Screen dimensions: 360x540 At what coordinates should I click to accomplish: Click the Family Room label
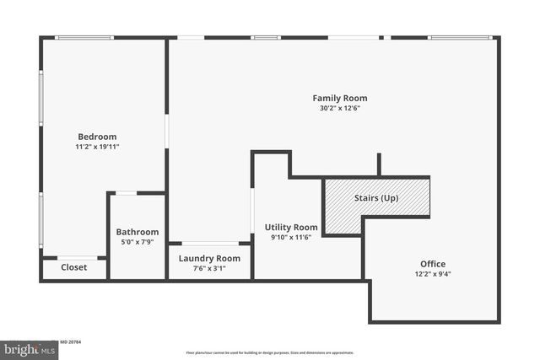tap(340, 99)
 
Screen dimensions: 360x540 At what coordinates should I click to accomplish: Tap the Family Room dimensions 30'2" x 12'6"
tap(340, 109)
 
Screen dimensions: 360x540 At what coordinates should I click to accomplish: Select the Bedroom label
tap(97, 137)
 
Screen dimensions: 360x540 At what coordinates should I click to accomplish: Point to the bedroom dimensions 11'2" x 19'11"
tap(97, 147)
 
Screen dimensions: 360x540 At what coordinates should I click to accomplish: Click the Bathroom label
tap(138, 232)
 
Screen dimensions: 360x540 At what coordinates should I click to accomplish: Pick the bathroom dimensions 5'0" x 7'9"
tap(138, 242)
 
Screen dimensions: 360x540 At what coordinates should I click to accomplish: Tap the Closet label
tap(74, 267)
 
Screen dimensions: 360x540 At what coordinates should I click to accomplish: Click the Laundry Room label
tap(210, 259)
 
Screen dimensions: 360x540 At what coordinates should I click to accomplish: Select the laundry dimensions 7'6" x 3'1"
tap(210, 269)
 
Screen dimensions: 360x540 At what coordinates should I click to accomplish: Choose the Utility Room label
tap(291, 227)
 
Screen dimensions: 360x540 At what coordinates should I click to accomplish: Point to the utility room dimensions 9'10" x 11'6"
tap(291, 237)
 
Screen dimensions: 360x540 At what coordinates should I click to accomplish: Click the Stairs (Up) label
tap(376, 199)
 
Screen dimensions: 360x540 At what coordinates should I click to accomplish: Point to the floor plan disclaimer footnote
tap(270, 352)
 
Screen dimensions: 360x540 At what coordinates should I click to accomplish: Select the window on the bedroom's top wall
tap(84, 37)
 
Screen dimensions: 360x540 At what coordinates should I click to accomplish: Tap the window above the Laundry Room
tap(210, 244)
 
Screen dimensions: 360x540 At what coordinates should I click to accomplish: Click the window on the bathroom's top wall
tap(127, 193)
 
